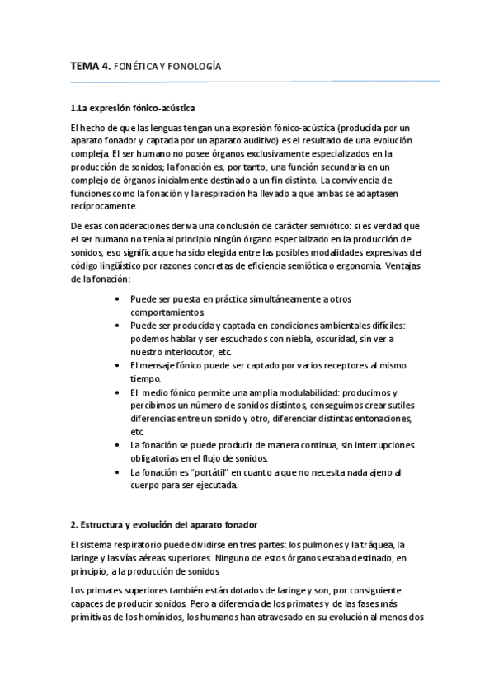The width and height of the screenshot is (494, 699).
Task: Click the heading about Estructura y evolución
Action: [x=165, y=524]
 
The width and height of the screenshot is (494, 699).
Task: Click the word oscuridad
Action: [x=352, y=339]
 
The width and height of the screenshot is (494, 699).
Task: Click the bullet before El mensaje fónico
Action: [x=121, y=365]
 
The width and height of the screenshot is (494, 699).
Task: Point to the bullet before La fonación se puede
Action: [x=121, y=445]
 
